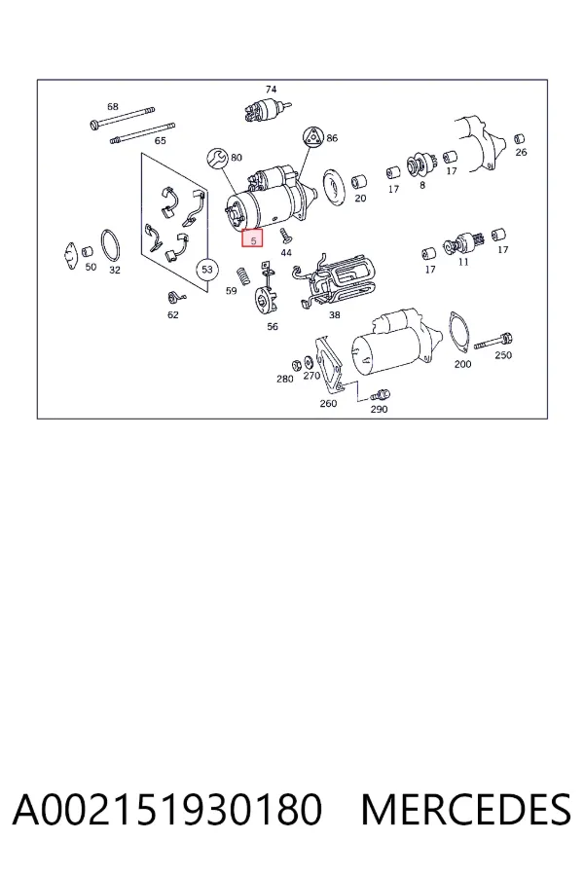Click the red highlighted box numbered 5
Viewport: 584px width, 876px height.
(252, 238)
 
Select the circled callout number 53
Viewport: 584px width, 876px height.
(206, 270)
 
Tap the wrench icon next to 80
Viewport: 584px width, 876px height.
(217, 158)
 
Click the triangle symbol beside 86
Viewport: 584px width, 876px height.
(313, 137)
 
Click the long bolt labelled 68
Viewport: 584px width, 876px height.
(122, 118)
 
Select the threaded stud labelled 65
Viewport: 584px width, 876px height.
(142, 132)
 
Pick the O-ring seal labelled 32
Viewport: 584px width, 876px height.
(111, 245)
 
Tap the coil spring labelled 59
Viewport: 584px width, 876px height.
(243, 276)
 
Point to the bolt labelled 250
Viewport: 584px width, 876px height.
(494, 342)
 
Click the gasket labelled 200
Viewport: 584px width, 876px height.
(460, 333)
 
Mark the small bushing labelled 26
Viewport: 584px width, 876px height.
(519, 139)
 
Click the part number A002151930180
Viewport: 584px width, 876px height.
(167, 810)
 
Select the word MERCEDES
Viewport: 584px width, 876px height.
(466, 810)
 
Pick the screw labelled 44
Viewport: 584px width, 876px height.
(285, 236)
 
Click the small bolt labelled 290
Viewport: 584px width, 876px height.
(380, 395)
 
